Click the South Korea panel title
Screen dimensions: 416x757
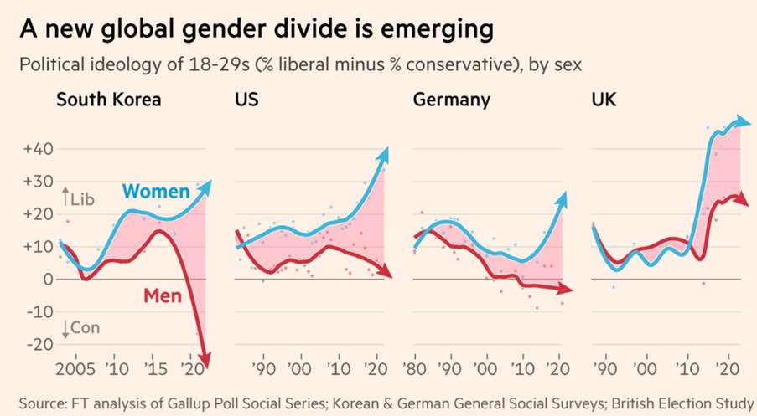(x=108, y=101)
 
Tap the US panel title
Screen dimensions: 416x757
(x=246, y=101)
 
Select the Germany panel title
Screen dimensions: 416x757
(x=452, y=101)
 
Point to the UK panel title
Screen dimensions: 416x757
(x=604, y=101)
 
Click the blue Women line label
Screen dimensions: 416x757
(x=156, y=193)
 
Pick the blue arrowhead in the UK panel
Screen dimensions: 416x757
(x=743, y=121)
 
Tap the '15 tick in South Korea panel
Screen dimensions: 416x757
(x=154, y=368)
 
